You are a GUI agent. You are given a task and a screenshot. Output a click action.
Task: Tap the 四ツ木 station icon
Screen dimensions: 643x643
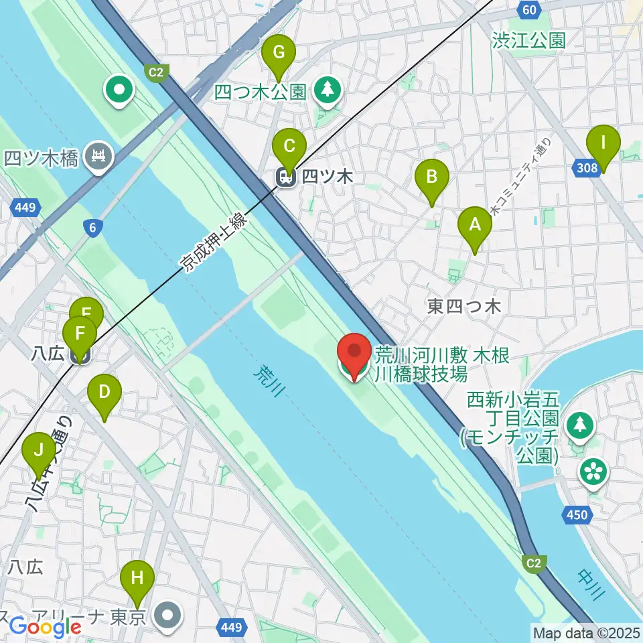(x=286, y=177)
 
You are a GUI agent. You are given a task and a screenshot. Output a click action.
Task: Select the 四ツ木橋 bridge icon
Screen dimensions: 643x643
(x=99, y=158)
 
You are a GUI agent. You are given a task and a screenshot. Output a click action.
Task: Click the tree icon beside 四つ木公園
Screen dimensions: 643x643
(x=328, y=91)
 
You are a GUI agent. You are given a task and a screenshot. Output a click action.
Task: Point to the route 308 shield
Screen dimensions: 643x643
(x=587, y=167)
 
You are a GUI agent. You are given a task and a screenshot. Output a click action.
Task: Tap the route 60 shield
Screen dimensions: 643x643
(x=529, y=9)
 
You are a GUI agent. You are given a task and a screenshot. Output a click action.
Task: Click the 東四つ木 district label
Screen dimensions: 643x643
(x=463, y=307)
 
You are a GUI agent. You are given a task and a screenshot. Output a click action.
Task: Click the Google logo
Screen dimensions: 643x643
(x=45, y=628)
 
